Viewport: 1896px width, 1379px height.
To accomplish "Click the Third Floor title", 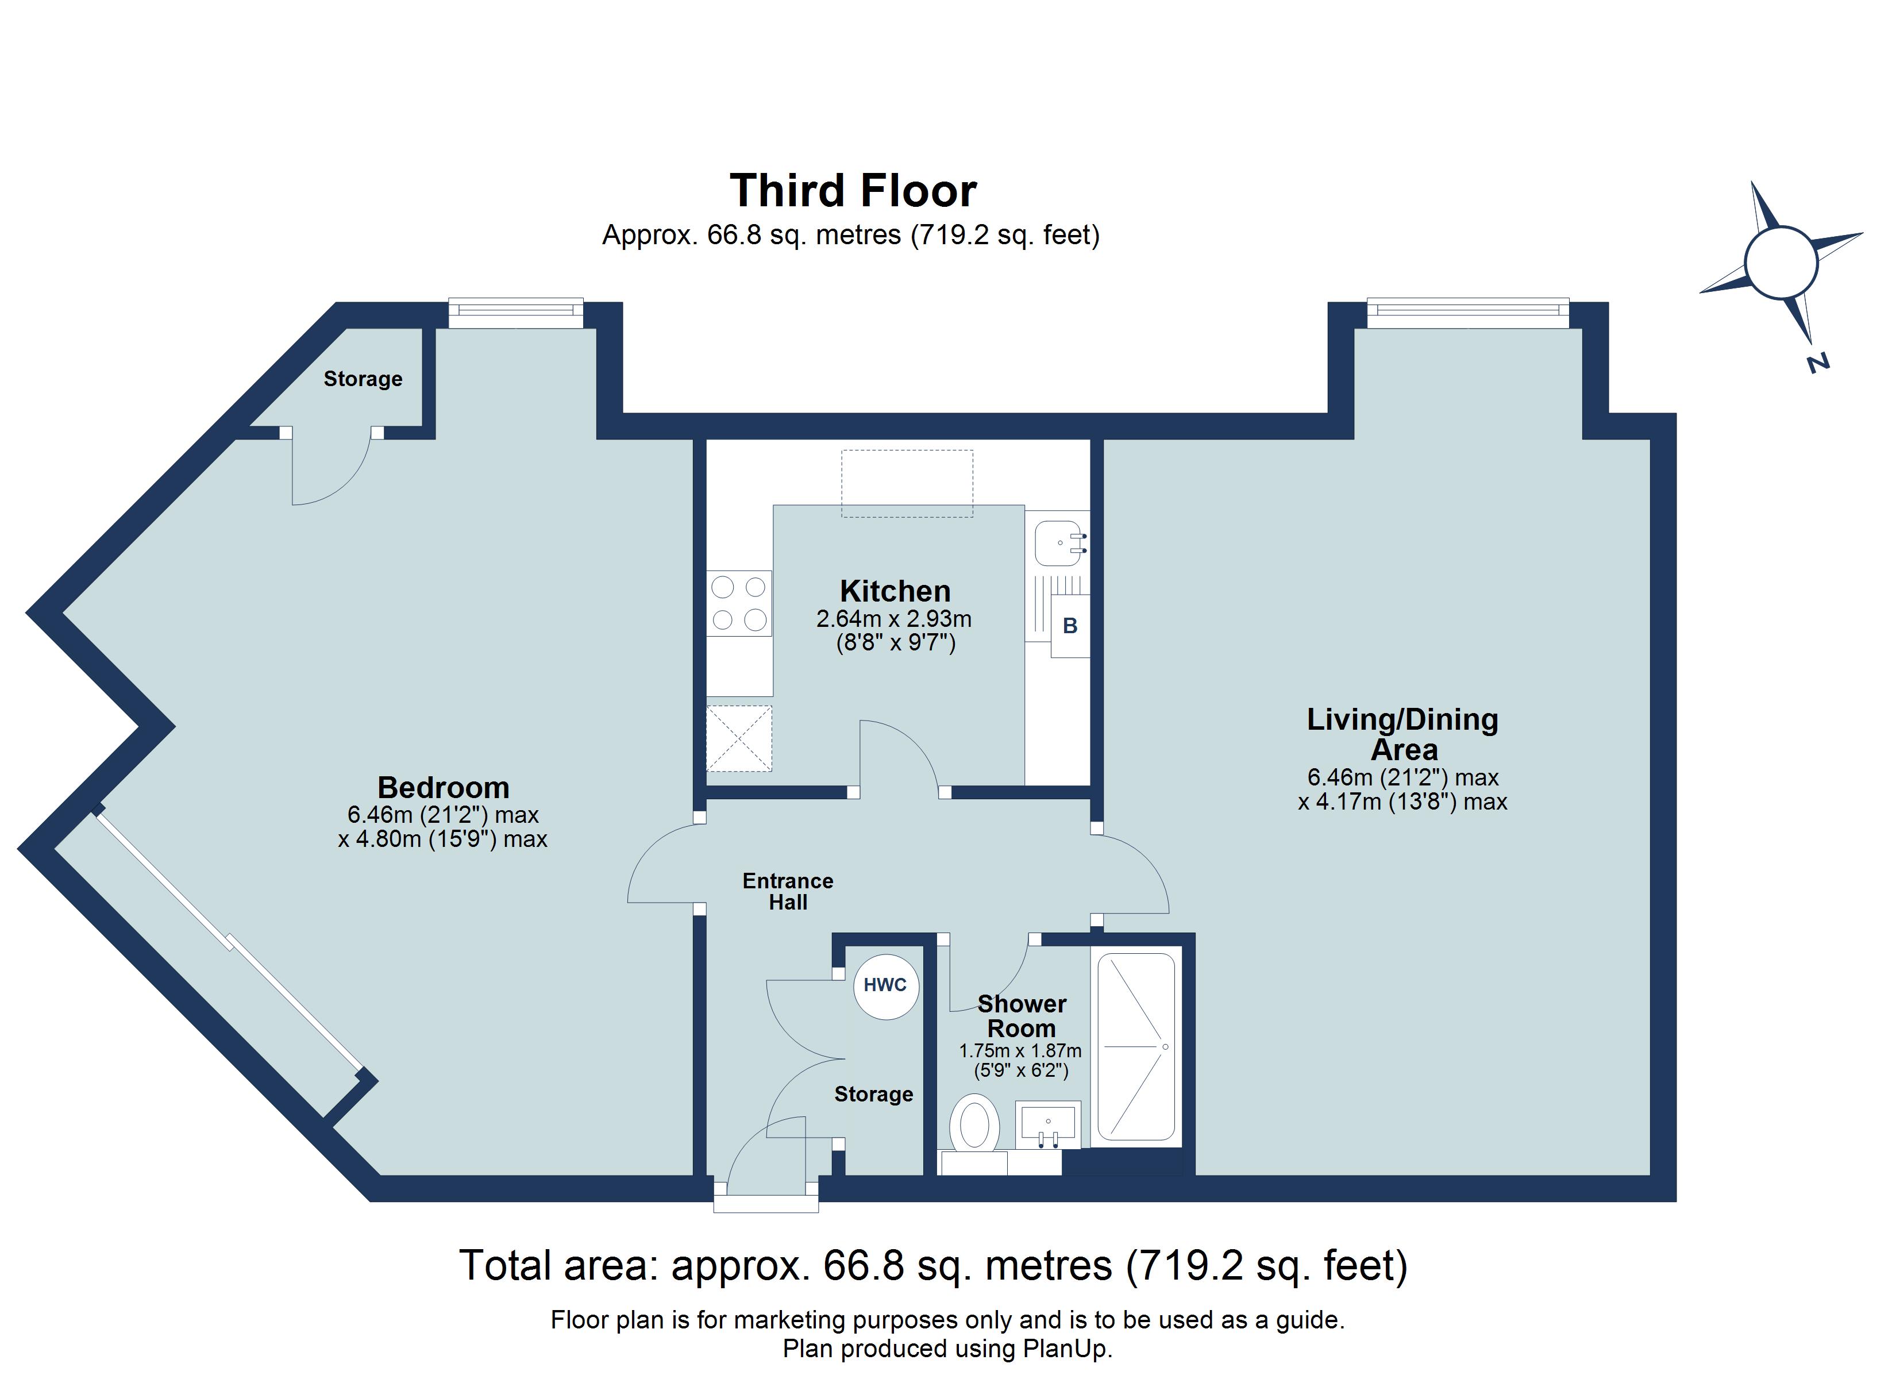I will (x=853, y=191).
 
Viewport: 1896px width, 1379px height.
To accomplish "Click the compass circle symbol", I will (x=1781, y=263).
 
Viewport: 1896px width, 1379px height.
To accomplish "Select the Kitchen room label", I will (x=895, y=591).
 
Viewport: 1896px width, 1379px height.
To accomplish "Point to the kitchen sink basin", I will (x=1058, y=544).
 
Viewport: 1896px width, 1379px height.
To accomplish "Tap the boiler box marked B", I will (x=1069, y=626).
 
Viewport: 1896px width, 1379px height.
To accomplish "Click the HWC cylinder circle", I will (x=885, y=986).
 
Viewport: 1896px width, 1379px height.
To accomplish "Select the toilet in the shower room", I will (x=975, y=1126).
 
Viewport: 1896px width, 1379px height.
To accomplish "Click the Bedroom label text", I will (x=443, y=788).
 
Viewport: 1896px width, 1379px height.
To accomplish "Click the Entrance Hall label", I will (x=788, y=891).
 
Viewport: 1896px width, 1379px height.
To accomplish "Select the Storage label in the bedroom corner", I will (x=363, y=379).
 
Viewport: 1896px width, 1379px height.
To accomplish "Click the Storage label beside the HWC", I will (x=874, y=1094).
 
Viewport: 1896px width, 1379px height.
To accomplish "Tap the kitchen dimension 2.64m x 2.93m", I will (x=893, y=619).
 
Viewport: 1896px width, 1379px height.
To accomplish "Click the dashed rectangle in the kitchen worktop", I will (x=907, y=483).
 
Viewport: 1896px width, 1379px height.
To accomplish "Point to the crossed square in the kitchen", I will (x=739, y=738).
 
